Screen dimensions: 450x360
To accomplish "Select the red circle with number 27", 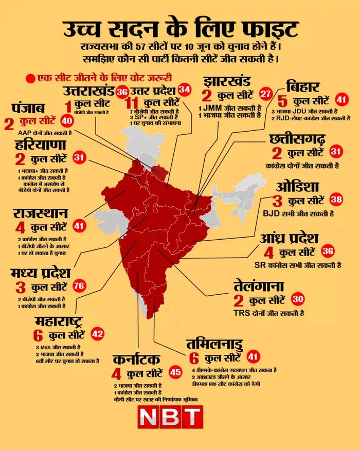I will click(265, 94).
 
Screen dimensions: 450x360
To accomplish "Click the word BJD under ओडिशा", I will click(273, 213).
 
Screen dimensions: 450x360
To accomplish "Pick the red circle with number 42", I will click(97, 333).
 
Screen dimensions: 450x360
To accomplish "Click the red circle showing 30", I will click(298, 299).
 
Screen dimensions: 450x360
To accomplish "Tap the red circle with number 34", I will click(185, 89).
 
